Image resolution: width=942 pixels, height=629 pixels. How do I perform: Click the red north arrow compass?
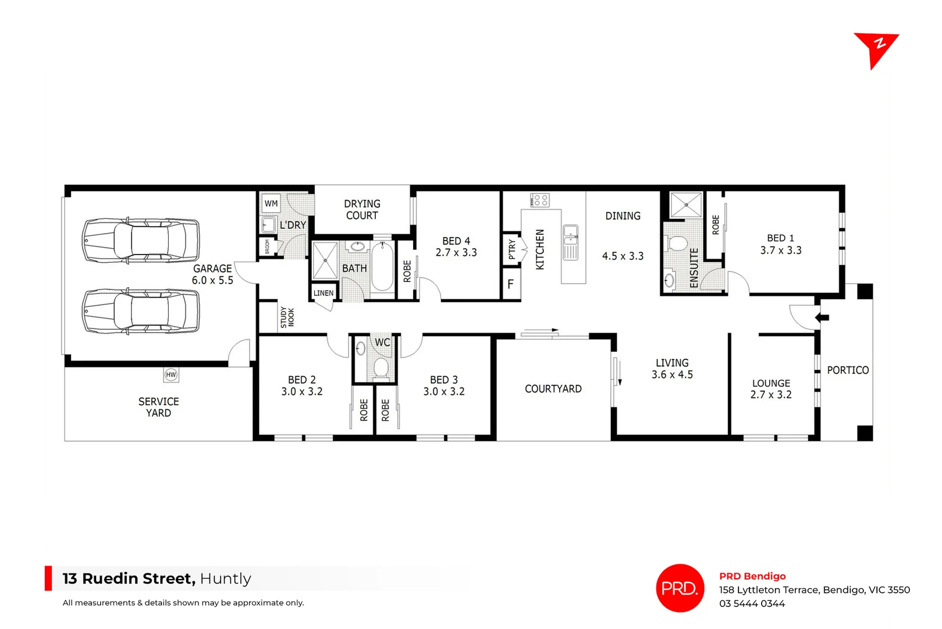(874, 48)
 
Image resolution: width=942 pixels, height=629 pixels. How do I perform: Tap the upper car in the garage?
(141, 241)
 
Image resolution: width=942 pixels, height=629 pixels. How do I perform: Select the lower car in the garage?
(141, 312)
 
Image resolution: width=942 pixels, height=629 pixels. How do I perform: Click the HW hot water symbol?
(170, 374)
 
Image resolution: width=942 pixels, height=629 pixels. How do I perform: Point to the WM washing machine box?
(271, 203)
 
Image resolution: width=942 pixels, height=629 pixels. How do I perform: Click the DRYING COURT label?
(362, 210)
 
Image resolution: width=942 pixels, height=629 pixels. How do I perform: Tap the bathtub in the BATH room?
(382, 267)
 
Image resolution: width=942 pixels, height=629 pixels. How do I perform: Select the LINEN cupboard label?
(324, 293)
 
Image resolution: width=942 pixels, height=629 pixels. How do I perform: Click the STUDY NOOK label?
(287, 317)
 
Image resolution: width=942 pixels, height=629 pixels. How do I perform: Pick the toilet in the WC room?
(381, 367)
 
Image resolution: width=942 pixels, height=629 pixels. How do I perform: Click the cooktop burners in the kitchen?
(539, 200)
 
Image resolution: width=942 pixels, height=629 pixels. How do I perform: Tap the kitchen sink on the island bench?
(571, 235)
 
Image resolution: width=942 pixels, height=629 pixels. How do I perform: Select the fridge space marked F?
(510, 284)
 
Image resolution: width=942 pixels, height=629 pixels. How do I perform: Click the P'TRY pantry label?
(512, 249)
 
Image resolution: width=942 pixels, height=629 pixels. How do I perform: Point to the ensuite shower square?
(685, 205)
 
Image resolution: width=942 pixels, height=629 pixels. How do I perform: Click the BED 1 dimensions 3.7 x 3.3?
(781, 250)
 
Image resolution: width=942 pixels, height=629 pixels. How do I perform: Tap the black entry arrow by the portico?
(822, 317)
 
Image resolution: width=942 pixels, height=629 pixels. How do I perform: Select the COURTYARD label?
(553, 389)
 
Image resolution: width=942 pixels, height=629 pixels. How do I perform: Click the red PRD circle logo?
(680, 588)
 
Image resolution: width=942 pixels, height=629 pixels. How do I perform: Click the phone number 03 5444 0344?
(752, 604)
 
